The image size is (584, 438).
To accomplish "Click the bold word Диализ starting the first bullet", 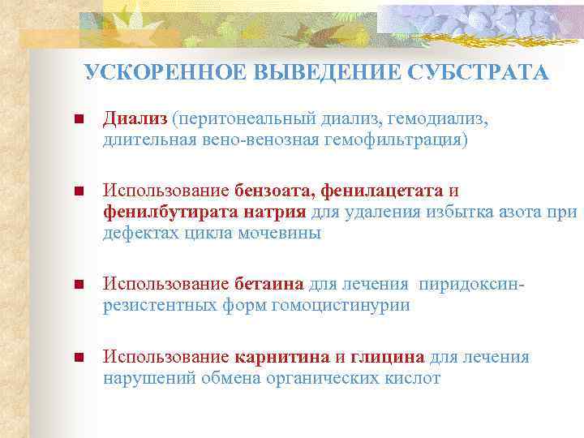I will click(135, 120).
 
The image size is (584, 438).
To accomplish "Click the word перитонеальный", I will click(249, 120).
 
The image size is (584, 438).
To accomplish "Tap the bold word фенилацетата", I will click(382, 191).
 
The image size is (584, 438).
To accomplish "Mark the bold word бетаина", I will click(269, 285).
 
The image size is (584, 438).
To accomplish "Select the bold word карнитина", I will click(282, 357).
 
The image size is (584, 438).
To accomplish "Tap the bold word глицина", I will click(387, 357).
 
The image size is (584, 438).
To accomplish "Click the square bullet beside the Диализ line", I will click(78, 121).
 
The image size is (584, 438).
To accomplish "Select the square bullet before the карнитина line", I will click(78, 358).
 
